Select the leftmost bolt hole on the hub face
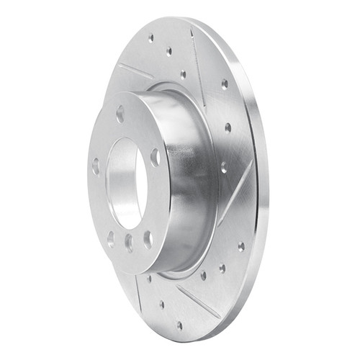point(96,166)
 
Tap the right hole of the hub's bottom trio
point(147,238)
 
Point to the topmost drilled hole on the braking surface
point(150,38)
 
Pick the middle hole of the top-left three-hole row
point(168,52)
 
